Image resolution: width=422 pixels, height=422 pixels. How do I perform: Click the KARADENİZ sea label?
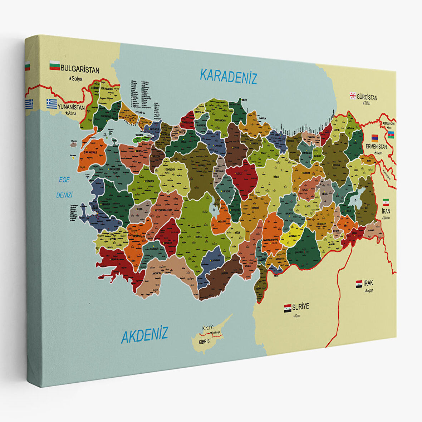pos(229,76)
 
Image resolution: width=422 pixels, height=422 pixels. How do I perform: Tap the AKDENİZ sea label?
pos(144,335)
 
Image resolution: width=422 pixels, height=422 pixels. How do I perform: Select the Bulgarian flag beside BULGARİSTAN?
pos(54,66)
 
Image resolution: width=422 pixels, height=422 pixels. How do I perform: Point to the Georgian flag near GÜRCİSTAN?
pos(353,95)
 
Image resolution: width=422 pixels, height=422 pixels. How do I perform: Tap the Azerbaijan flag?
pos(391,134)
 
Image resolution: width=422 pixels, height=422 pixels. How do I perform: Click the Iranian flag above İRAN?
pos(386,202)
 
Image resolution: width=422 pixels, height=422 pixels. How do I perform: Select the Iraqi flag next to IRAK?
pos(359,284)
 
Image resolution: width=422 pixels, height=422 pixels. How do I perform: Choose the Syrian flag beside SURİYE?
pos(288,308)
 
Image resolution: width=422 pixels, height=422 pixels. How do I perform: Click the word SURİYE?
pos(300,306)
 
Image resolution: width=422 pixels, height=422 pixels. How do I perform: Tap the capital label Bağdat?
pos(369,290)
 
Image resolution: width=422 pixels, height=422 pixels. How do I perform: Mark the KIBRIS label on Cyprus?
pos(204,341)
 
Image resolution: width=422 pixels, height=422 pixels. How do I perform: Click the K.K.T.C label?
pos(208,328)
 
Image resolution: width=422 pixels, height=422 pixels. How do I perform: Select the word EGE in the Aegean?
pos(64,180)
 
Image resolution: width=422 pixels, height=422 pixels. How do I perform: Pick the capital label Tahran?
pos(386,217)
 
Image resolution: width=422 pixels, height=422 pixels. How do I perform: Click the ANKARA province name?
pos(201,166)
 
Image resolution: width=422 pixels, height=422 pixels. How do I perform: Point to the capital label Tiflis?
pos(366,103)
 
